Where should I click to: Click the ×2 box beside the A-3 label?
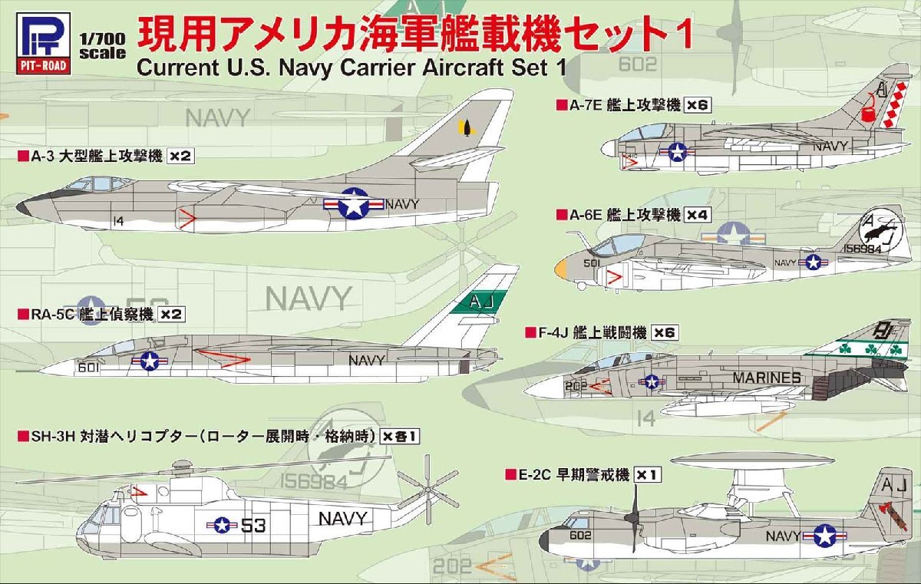[x=179, y=157]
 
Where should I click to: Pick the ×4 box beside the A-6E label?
[x=698, y=215]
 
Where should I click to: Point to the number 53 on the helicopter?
[x=254, y=526]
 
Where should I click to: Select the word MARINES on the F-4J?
[x=766, y=378]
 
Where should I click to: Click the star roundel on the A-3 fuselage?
[x=352, y=204]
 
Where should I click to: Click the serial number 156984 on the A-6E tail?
[x=864, y=248]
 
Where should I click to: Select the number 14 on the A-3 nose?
[x=117, y=221]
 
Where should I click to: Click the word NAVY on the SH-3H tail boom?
[x=342, y=518]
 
